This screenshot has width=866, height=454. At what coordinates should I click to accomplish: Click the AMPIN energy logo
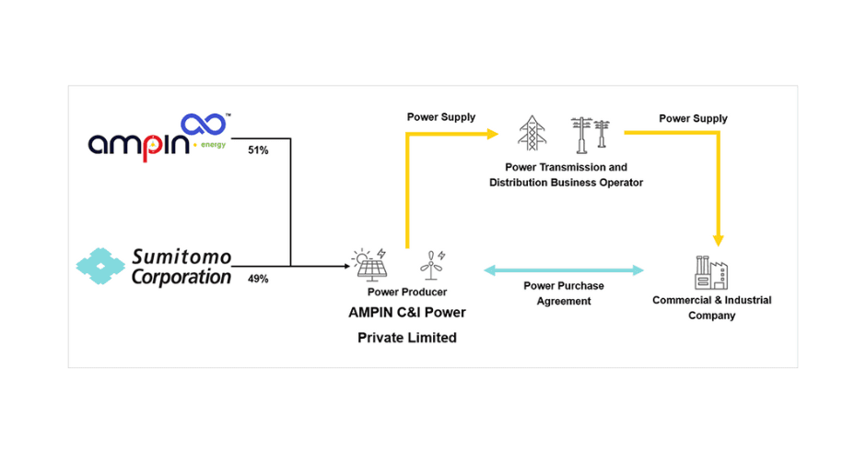[x=157, y=136]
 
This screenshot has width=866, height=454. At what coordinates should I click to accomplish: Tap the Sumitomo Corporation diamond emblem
[x=100, y=266]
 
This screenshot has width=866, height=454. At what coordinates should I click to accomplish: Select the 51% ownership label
[x=258, y=149]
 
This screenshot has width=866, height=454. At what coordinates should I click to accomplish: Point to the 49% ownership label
[x=258, y=278]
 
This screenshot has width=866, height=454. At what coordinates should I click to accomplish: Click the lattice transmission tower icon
[x=532, y=133]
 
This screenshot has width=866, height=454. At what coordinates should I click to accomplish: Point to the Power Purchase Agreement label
[x=564, y=293]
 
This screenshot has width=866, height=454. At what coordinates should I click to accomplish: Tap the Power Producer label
[x=406, y=293]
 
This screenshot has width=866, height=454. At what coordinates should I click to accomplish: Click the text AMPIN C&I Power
[x=406, y=313]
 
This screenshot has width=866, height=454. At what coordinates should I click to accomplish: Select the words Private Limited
[x=406, y=338]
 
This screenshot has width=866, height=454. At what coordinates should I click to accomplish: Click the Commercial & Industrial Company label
[x=711, y=307]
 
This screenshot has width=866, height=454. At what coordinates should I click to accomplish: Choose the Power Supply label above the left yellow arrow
[x=441, y=117]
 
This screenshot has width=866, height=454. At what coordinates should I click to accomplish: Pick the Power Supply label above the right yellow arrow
[x=693, y=118]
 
